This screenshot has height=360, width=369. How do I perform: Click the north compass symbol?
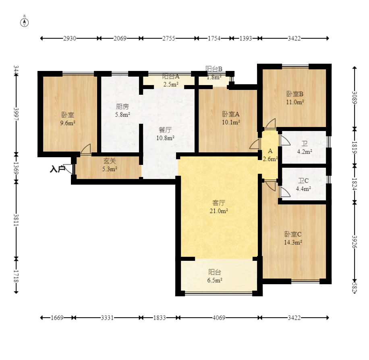click(x=25, y=23)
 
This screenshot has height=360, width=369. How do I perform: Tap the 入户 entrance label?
click(x=58, y=169)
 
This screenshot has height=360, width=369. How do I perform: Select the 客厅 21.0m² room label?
click(x=219, y=207)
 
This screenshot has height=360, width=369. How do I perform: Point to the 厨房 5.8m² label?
click(x=122, y=110)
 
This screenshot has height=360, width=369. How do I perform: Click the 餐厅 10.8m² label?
click(x=165, y=134)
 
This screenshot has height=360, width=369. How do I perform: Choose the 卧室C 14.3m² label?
click(x=293, y=238)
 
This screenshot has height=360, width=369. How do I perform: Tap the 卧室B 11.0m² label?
click(x=295, y=98)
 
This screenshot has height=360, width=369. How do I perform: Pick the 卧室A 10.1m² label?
click(x=231, y=118)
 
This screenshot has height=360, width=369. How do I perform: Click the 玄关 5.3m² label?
click(x=110, y=165)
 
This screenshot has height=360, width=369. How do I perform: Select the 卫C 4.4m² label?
click(x=303, y=185)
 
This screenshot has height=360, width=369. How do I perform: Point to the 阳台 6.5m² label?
click(x=215, y=276)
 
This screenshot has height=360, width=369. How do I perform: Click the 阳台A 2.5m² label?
click(x=171, y=81)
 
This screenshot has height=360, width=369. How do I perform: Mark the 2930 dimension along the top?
click(x=70, y=38)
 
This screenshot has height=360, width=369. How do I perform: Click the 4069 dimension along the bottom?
click(x=219, y=318)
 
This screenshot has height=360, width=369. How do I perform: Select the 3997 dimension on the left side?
click(x=16, y=114)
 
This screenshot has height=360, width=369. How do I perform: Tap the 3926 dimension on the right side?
click(x=354, y=241)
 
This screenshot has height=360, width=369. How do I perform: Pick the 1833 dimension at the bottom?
click(x=160, y=318)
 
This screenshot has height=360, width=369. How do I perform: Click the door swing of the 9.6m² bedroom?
click(x=86, y=149)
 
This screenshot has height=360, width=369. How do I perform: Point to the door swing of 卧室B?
click(x=271, y=124)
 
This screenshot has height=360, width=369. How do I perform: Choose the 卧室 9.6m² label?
click(x=68, y=119)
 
